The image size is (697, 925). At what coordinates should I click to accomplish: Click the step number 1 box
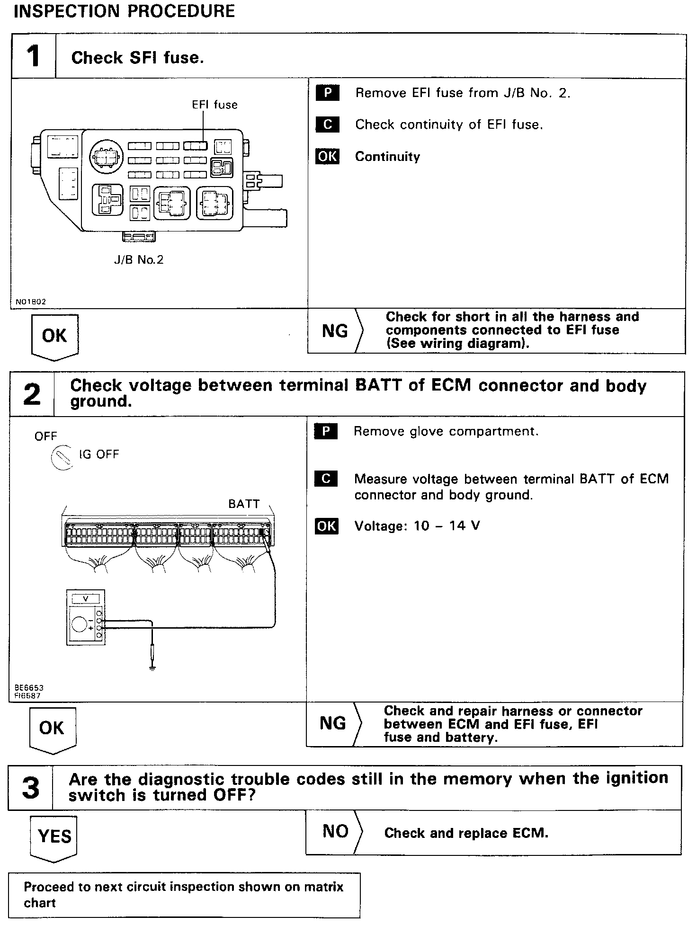click(x=33, y=56)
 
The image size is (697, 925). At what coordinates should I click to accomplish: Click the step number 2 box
click(x=32, y=394)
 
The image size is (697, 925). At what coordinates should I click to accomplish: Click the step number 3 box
click(x=30, y=788)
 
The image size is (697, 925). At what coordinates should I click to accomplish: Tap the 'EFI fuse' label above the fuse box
click(x=214, y=105)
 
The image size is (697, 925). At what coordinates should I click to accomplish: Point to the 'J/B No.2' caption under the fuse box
click(x=138, y=259)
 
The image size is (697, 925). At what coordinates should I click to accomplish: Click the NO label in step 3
click(x=335, y=831)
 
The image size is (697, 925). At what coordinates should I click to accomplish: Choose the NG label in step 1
click(x=334, y=331)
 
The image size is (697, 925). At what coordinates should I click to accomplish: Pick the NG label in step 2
click(x=332, y=723)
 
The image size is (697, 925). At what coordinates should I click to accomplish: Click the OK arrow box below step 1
click(x=54, y=336)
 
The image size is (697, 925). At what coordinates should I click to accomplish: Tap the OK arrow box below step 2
click(x=52, y=728)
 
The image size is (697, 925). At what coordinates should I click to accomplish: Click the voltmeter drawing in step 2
click(x=86, y=617)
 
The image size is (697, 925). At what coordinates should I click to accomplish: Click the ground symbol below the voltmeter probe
click(x=152, y=668)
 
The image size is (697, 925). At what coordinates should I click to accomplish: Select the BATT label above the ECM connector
click(x=244, y=504)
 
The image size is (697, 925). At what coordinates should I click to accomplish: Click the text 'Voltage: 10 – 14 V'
click(x=417, y=526)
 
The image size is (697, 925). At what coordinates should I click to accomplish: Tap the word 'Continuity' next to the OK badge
click(x=387, y=157)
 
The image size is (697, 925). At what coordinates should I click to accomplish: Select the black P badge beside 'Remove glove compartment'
click(x=326, y=431)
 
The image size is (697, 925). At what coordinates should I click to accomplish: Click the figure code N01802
click(x=30, y=302)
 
